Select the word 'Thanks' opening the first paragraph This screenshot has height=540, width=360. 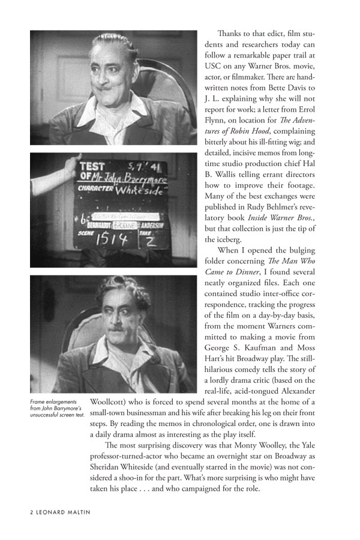[230, 34]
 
